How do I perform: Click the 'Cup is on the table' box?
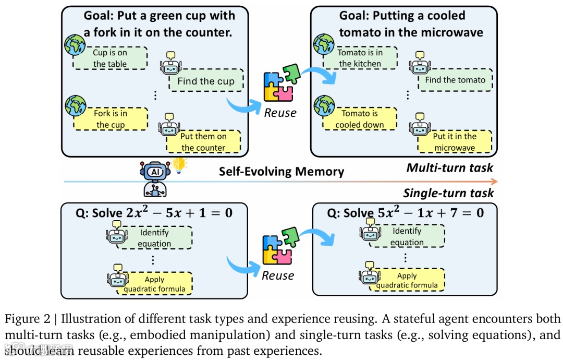tap(109, 58)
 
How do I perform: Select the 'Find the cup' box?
tap(206, 81)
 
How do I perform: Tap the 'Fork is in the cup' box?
tap(110, 119)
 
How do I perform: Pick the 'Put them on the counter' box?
tap(203, 142)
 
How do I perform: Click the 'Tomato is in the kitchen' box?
tap(360, 58)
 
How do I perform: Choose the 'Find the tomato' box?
tap(455, 80)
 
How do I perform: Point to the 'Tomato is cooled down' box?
tap(360, 119)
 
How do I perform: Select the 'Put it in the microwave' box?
tap(455, 141)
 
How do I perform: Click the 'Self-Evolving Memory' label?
tap(281, 172)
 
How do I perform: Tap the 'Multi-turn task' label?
tap(449, 167)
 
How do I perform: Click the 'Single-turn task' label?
tap(448, 193)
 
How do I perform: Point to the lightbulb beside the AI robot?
tap(180, 164)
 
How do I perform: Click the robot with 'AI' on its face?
tap(155, 177)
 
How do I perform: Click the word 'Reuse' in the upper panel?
tap(279, 113)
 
